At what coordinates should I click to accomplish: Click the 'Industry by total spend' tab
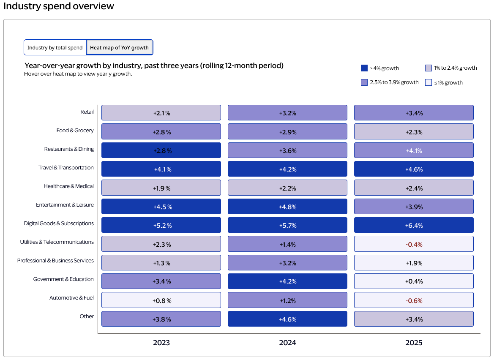click(x=55, y=48)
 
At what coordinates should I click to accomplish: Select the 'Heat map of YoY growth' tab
click(x=119, y=48)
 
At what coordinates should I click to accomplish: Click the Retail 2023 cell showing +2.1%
click(x=161, y=113)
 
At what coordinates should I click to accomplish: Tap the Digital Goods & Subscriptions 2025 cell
click(x=413, y=225)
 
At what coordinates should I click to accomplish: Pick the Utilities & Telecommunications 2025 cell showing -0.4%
click(x=413, y=244)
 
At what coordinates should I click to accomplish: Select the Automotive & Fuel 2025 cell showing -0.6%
click(x=413, y=300)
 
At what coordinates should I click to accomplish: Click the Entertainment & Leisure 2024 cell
click(x=287, y=207)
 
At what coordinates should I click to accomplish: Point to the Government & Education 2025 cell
click(x=413, y=281)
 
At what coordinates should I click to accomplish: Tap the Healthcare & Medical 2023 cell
click(x=161, y=188)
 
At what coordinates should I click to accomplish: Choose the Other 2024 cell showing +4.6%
click(x=287, y=319)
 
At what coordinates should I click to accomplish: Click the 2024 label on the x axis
click(x=287, y=343)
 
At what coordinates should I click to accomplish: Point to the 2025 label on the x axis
click(x=413, y=343)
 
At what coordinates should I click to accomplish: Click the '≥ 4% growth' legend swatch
click(x=364, y=68)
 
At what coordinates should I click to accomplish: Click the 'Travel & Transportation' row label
click(x=66, y=168)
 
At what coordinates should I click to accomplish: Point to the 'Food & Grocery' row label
click(x=75, y=131)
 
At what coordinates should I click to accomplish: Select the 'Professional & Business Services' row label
click(x=55, y=261)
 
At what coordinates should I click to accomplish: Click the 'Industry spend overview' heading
click(x=59, y=6)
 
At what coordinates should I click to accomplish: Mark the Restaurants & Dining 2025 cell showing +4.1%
click(x=413, y=150)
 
